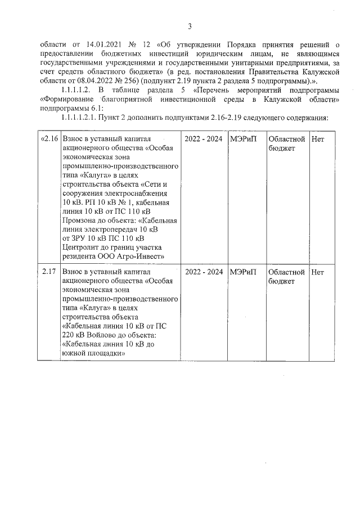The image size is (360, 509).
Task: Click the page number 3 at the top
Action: click(190, 26)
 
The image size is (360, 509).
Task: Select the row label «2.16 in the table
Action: click(49, 139)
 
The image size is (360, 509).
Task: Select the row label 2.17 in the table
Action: click(49, 272)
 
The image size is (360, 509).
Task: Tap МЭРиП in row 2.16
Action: click(242, 139)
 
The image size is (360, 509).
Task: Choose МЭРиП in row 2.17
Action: click(242, 272)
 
